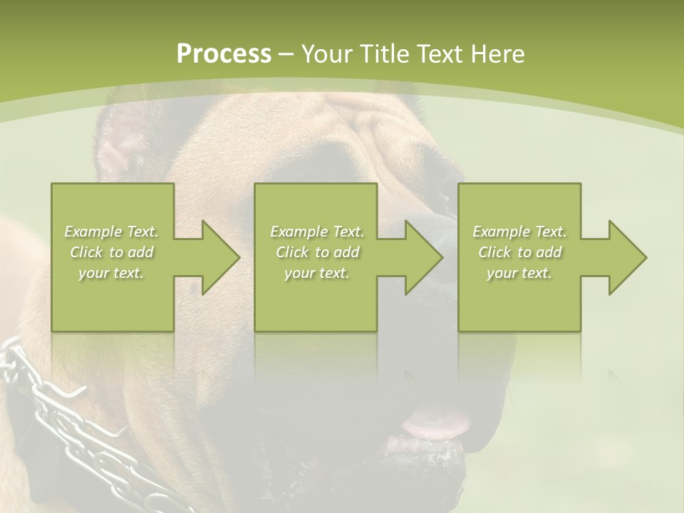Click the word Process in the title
(x=224, y=54)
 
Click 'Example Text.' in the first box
(x=112, y=232)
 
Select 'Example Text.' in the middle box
(x=317, y=232)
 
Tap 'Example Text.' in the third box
(x=519, y=232)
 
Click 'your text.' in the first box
(x=111, y=273)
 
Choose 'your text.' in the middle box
(x=316, y=273)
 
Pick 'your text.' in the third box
(x=519, y=273)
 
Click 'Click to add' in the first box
(x=112, y=252)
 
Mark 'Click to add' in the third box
(x=519, y=252)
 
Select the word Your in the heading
(x=328, y=54)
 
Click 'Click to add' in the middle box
(x=317, y=252)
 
